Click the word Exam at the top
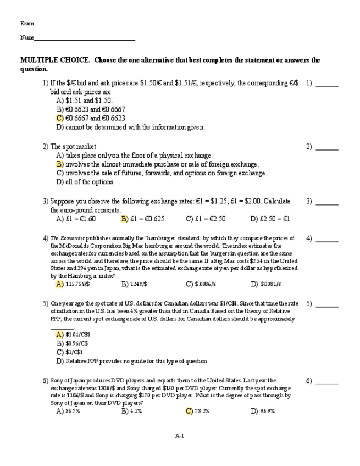[27, 23]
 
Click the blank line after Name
[84, 38]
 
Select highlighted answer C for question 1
[60, 118]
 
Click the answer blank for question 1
[327, 85]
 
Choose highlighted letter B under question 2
[60, 164]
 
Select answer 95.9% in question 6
[267, 411]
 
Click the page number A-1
[179, 436]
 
